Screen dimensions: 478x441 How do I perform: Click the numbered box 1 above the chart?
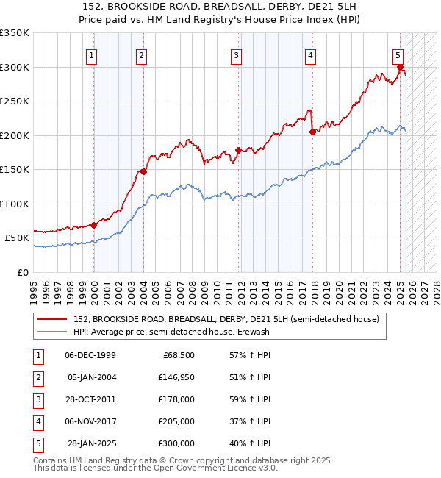tap(92, 54)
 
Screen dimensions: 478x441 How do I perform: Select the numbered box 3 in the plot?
tap(236, 54)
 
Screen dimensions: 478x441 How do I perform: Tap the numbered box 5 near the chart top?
tap(398, 54)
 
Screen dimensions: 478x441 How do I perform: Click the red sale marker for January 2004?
tap(143, 172)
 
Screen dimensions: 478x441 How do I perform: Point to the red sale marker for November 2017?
tap(312, 132)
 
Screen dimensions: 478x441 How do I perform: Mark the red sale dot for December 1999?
tap(94, 225)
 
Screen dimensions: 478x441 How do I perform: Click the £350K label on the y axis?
tap(15, 33)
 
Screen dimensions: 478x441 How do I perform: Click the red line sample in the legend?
tap(51, 319)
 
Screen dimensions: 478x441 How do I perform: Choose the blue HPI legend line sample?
tap(51, 332)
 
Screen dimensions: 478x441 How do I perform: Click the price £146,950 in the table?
tap(176, 377)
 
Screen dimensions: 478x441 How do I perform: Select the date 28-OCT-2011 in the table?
tap(90, 399)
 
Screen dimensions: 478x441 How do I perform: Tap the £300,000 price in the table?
tap(176, 443)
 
